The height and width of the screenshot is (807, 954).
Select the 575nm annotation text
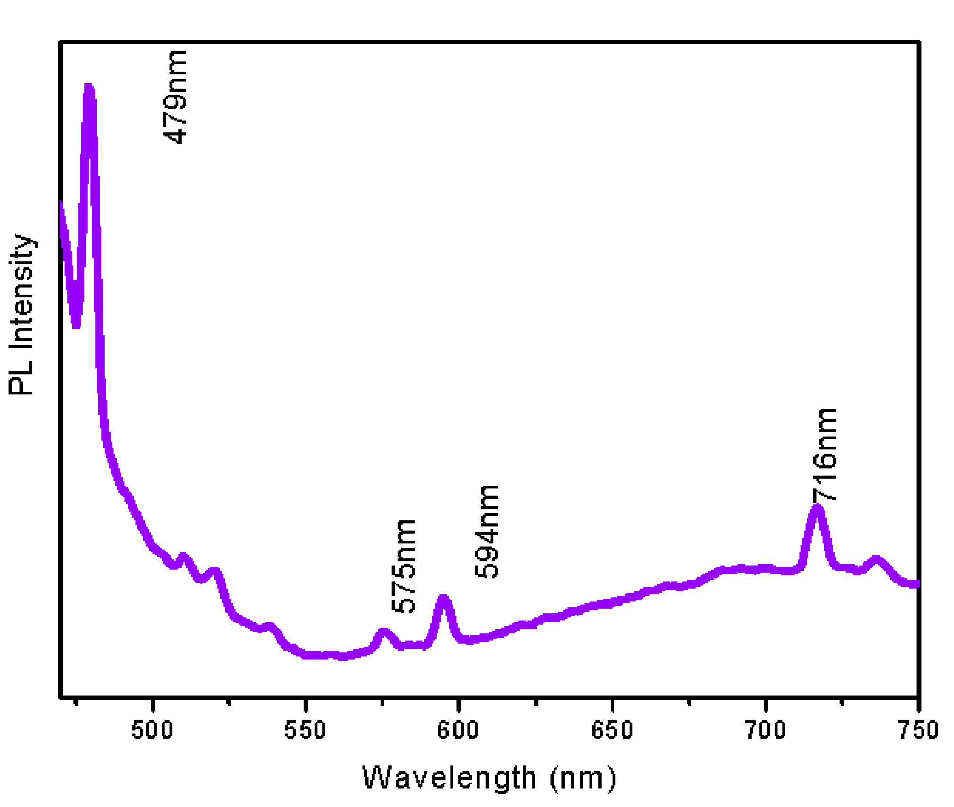tap(404, 567)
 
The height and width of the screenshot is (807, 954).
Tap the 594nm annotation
tap(486, 532)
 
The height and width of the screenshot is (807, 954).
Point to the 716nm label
tap(825, 455)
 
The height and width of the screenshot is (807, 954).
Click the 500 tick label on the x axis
tap(152, 730)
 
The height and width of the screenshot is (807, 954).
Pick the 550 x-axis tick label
tap(305, 730)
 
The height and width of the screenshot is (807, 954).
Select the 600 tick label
tap(458, 730)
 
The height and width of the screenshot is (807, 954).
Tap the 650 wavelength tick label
tap(612, 730)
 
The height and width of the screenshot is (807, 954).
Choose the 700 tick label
tap(765, 730)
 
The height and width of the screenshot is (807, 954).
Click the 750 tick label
tap(918, 730)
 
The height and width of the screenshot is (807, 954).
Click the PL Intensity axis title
tap(21, 314)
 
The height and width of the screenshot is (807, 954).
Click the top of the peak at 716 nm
tap(817, 508)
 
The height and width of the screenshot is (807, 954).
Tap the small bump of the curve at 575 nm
tap(384, 631)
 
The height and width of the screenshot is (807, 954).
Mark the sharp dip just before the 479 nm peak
tap(76, 325)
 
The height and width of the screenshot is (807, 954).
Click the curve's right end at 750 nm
tap(916, 584)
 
